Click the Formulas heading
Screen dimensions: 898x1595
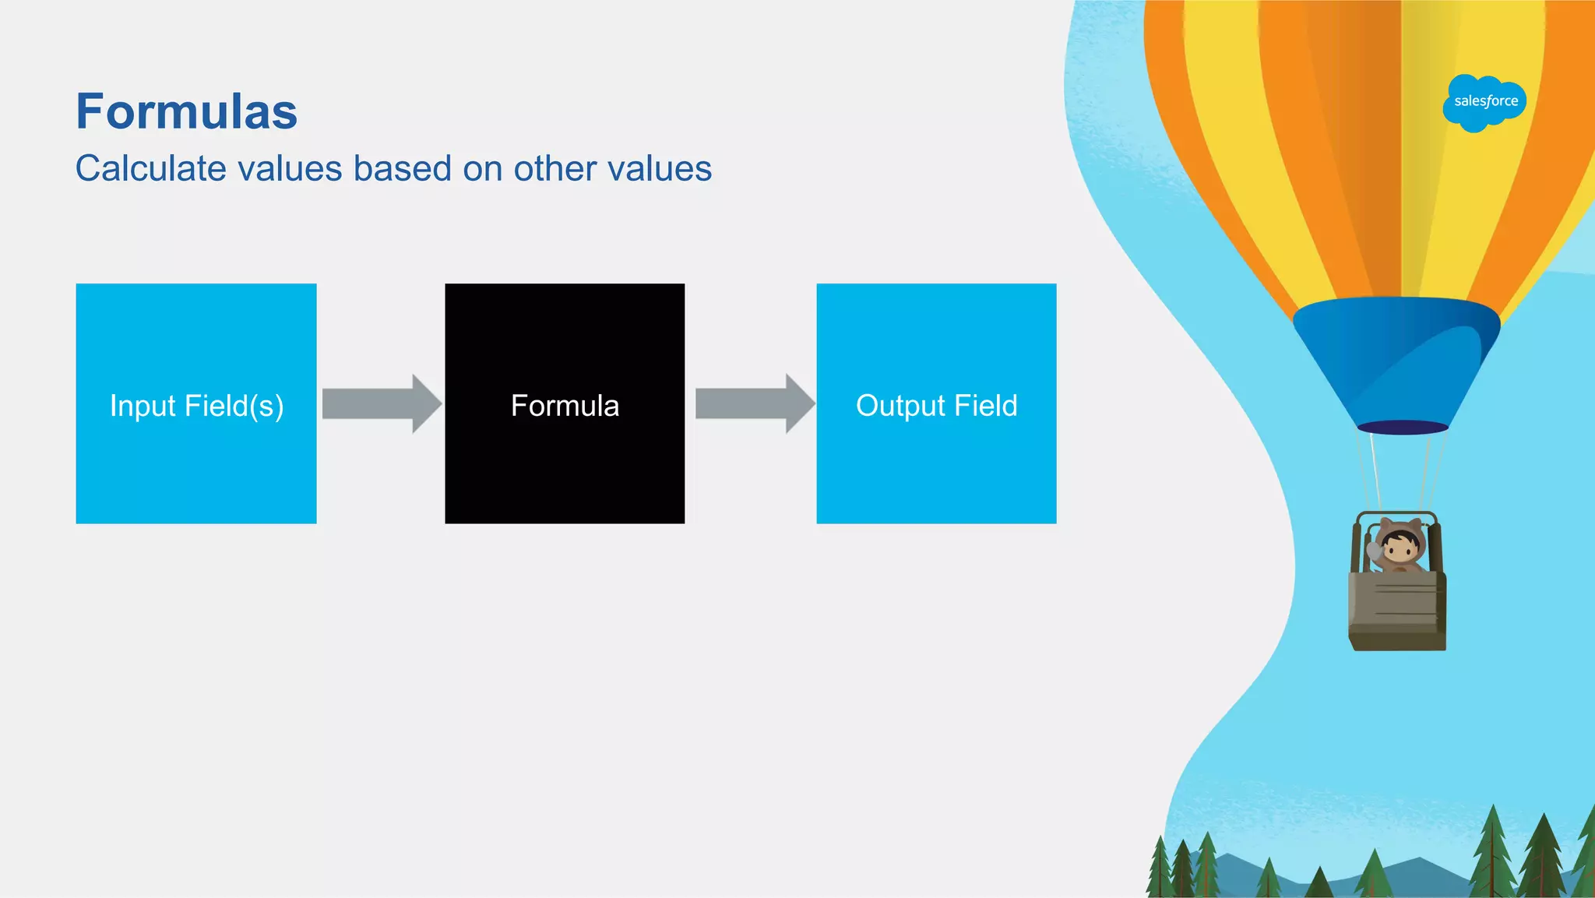tap(186, 111)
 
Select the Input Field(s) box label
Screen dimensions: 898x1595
tap(196, 406)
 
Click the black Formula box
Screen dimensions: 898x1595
tap(565, 467)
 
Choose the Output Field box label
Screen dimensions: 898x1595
tap(936, 406)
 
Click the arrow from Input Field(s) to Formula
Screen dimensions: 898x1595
tap(381, 403)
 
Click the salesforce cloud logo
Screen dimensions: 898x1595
tap(1484, 102)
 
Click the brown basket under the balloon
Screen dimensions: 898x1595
tap(1397, 611)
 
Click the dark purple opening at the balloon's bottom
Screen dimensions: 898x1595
tap(1403, 427)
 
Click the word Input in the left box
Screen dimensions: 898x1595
tap(143, 406)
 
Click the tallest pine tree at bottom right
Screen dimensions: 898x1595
tap(1493, 853)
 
